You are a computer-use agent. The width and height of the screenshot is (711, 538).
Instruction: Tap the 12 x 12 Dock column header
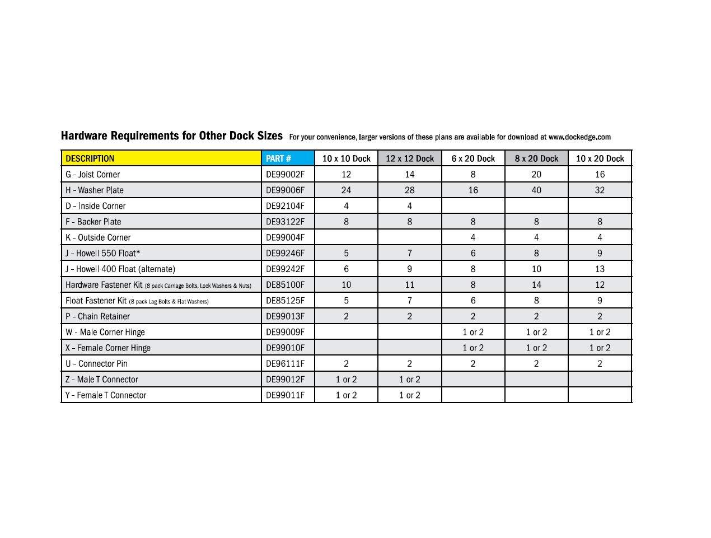pos(410,158)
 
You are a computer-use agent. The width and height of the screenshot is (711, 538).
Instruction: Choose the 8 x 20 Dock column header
pos(536,158)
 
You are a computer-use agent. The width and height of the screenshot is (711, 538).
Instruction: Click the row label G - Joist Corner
pos(93,174)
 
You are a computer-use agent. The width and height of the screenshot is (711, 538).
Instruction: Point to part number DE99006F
pos(285,190)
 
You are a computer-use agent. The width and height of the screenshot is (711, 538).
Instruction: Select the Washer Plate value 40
pos(536,190)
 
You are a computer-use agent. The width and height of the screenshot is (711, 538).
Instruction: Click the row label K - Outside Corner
pos(98,237)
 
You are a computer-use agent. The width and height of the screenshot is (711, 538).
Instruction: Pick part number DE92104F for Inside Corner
pos(285,205)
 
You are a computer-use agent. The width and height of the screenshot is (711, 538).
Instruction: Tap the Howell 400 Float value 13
pos(600,269)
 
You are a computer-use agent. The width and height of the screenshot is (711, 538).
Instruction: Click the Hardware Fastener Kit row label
pos(104,285)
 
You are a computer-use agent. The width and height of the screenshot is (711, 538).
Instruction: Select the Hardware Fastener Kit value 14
pos(536,284)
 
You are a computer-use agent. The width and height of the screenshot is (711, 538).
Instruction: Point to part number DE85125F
pos(285,300)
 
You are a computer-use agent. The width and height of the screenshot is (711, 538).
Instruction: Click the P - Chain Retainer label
pos(98,316)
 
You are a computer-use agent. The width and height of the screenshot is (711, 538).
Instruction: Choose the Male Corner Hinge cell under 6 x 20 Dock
pos(473,332)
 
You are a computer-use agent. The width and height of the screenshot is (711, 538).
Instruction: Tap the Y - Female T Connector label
pos(106,395)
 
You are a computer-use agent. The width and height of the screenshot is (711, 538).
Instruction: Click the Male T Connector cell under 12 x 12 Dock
pos(410,379)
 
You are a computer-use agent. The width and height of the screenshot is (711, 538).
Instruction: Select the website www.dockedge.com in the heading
pos(579,137)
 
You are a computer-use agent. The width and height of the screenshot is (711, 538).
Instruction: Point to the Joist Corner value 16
pos(600,174)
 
